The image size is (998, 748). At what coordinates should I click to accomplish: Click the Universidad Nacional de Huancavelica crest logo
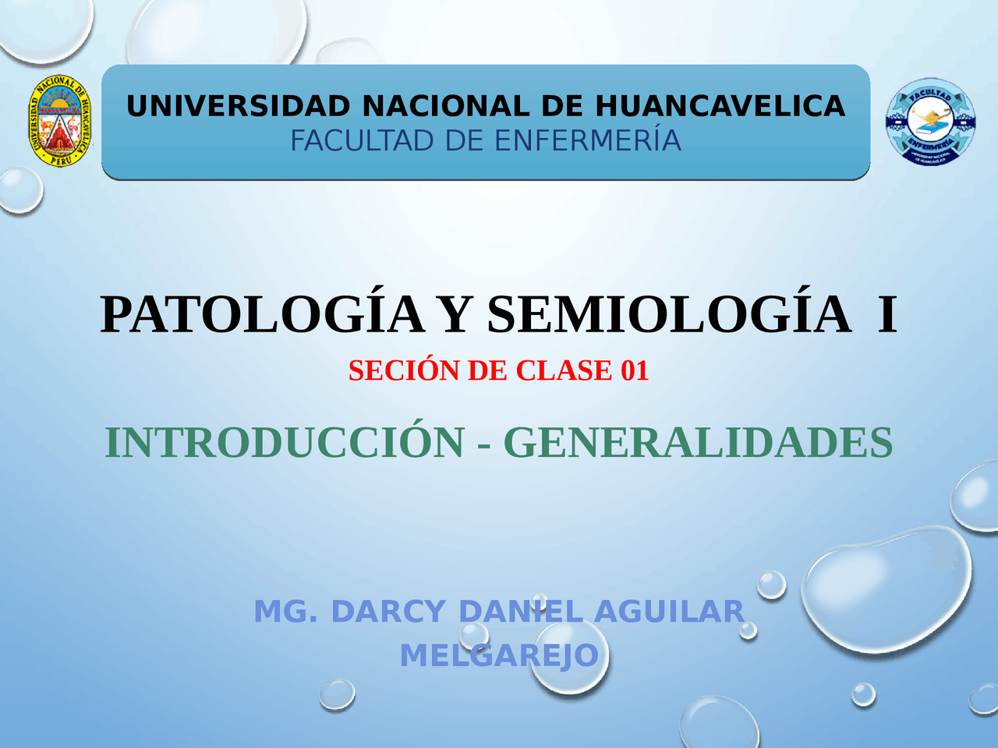[x=60, y=122]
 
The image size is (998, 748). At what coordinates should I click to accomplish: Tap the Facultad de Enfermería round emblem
[x=930, y=122]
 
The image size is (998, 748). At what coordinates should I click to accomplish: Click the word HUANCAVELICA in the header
[x=720, y=106]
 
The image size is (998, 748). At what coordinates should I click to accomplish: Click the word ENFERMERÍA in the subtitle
[x=588, y=141]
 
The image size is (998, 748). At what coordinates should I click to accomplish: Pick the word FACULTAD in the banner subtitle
[x=362, y=141]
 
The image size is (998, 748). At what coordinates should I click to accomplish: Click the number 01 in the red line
[x=635, y=370]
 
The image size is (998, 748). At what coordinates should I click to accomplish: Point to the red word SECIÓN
[x=404, y=370]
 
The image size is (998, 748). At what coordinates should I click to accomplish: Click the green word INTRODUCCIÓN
[x=285, y=443]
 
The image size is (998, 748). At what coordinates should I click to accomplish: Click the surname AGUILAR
[x=669, y=612]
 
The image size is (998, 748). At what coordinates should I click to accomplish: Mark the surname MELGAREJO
[x=499, y=656]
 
